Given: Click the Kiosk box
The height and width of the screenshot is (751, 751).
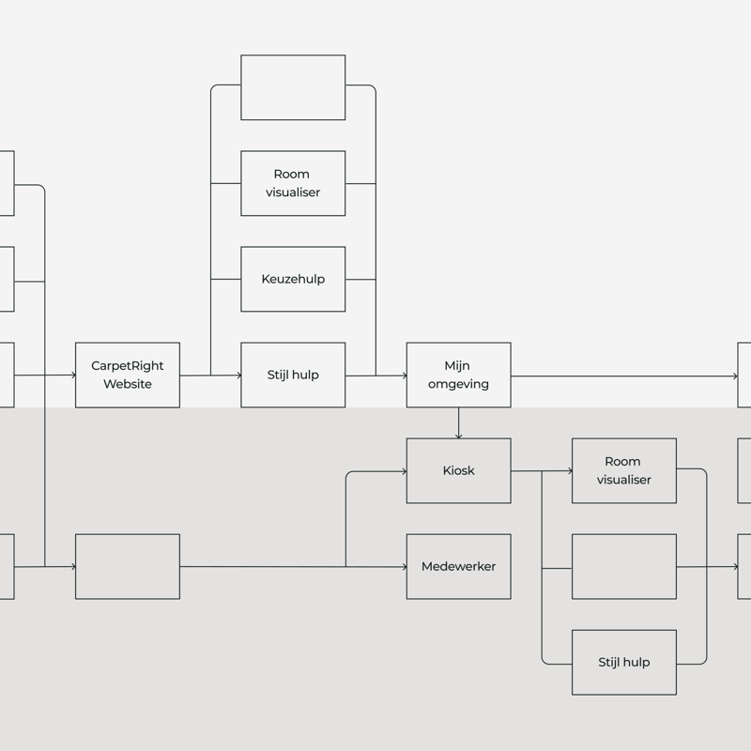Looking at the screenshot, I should [458, 470].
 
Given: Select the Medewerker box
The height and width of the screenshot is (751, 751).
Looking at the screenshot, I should [458, 566].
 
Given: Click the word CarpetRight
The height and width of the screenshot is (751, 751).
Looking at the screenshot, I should [127, 366].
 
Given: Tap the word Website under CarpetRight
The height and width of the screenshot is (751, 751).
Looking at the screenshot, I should [127, 384].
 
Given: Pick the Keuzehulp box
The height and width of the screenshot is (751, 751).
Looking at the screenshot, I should [293, 279].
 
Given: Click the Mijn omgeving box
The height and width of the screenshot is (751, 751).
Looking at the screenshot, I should [458, 375].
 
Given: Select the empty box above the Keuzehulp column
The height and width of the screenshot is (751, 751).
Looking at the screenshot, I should [293, 87].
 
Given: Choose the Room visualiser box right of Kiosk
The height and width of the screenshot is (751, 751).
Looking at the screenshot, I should [623, 470].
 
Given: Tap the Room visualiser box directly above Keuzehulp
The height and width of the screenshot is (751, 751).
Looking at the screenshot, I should [293, 183].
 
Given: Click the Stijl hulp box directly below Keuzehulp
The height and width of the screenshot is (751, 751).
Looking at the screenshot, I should [293, 375].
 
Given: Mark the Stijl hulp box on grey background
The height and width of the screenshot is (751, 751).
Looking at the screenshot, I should [623, 662].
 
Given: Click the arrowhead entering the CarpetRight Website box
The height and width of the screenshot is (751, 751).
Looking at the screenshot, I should [72, 375].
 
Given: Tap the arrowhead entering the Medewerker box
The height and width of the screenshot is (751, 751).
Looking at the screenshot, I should [403, 566].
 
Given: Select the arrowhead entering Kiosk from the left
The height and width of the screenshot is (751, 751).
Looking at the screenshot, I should [403, 471].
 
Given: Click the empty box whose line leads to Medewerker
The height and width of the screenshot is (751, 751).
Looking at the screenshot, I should [127, 566].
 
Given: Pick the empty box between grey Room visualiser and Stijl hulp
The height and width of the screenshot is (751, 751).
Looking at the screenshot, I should [623, 566].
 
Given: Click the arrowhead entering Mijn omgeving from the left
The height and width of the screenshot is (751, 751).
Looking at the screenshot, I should [403, 375].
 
